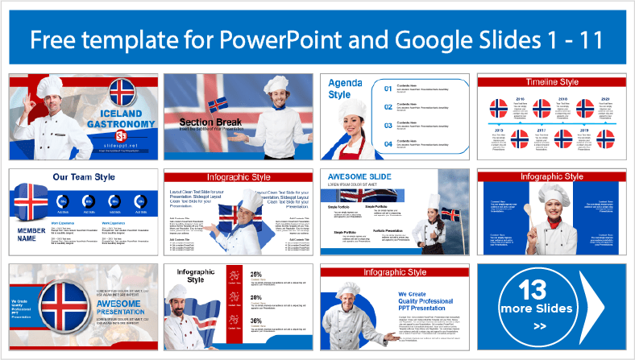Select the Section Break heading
205,123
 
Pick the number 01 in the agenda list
388,89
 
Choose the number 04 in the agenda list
388,143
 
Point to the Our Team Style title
83,177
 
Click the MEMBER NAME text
31,234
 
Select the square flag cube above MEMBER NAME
31,202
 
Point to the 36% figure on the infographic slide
256,321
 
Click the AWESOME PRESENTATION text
120,308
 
